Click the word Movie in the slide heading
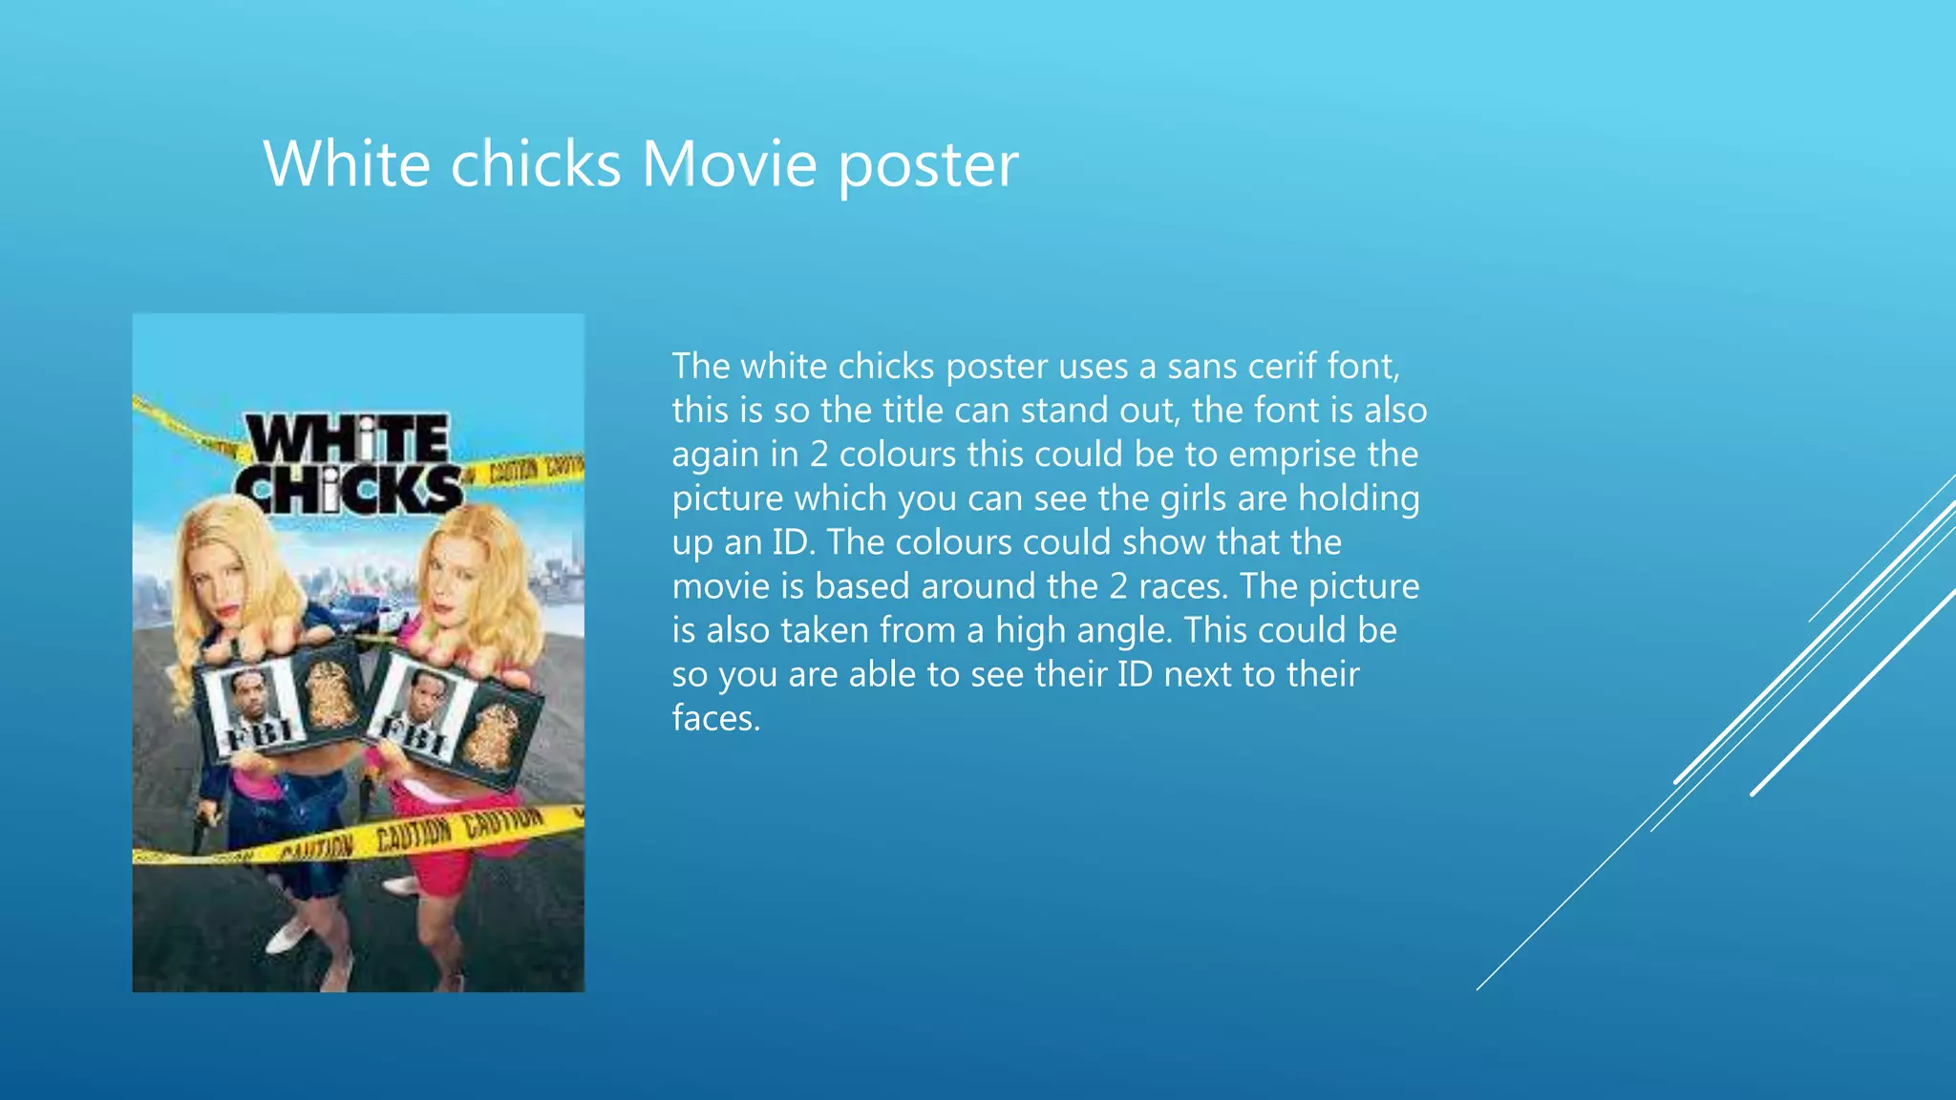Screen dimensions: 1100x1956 click(729, 164)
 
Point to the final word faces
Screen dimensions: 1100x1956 click(715, 718)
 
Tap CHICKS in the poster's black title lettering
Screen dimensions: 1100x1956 click(351, 490)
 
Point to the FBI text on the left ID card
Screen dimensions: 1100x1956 click(258, 733)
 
